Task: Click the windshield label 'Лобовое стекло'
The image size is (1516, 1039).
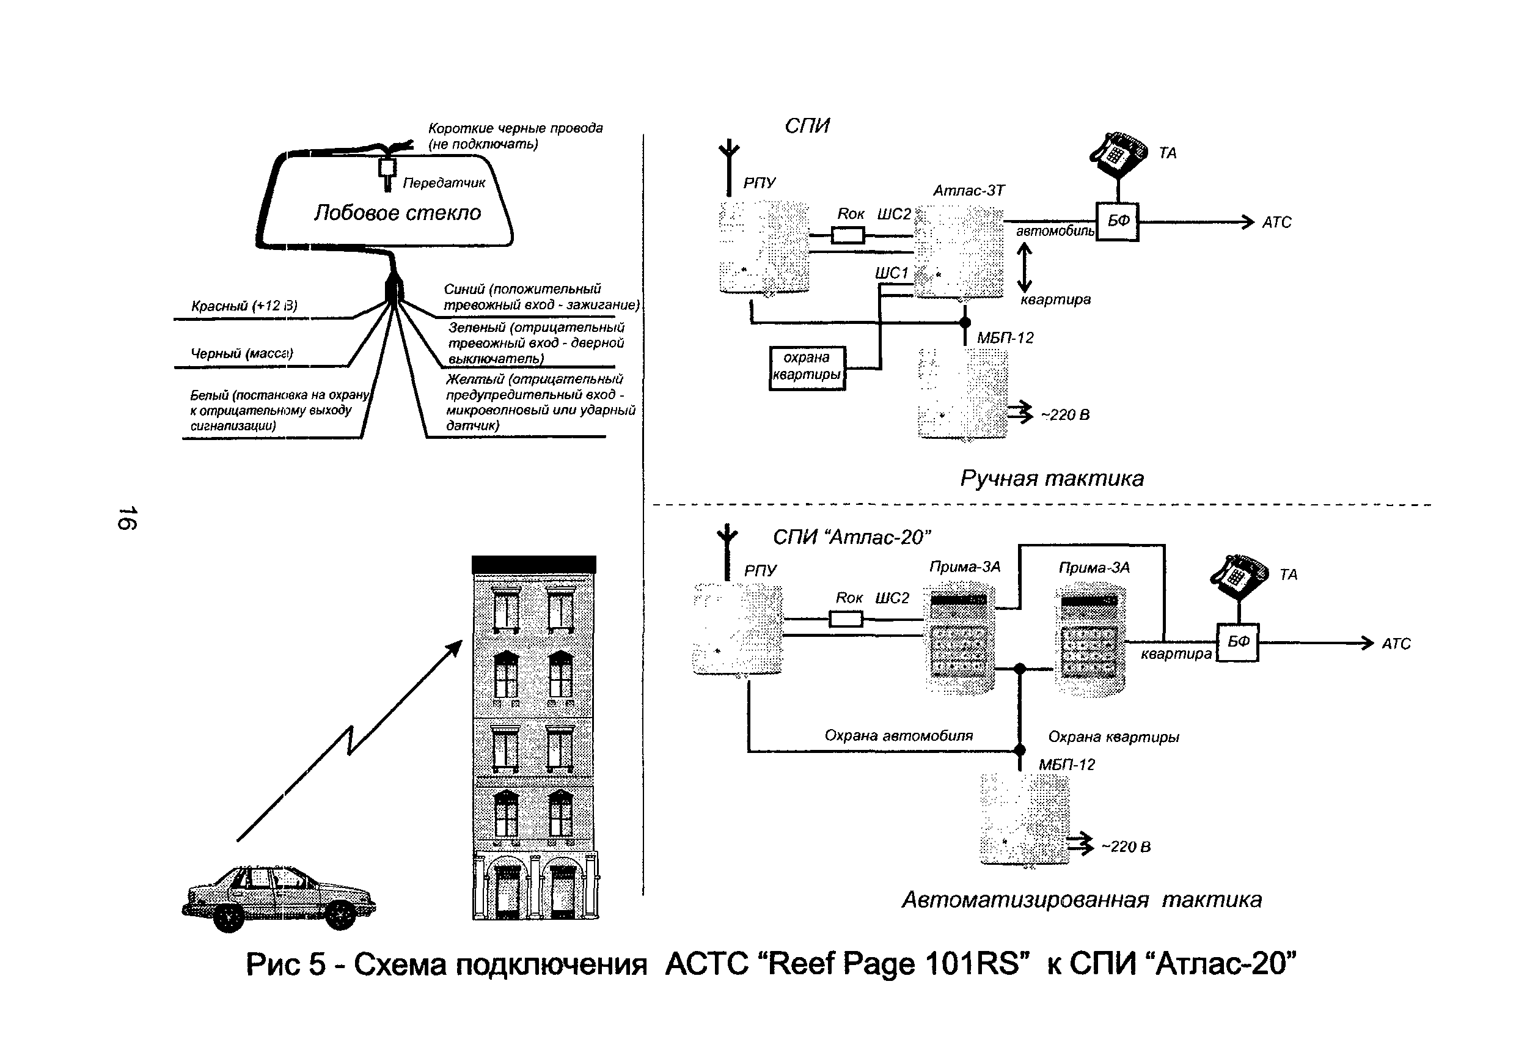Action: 397,213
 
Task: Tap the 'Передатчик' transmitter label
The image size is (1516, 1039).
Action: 444,183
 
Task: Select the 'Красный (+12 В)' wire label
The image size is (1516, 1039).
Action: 244,306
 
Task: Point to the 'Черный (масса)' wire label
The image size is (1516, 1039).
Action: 241,353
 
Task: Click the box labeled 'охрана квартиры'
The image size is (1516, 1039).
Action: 807,367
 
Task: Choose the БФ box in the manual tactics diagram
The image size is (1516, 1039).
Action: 1118,222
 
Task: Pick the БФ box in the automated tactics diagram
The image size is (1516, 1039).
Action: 1238,642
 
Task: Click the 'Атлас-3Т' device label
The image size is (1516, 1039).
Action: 969,191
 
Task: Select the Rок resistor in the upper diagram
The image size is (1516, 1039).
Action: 848,235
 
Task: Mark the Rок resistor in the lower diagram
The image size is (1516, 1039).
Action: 846,619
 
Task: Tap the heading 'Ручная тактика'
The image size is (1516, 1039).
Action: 1052,479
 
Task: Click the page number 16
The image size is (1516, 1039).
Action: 126,518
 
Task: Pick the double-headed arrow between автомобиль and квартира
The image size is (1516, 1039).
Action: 1024,268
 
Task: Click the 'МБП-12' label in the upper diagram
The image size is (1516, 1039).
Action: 1005,338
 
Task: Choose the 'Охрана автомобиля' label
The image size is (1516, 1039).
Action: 898,735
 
